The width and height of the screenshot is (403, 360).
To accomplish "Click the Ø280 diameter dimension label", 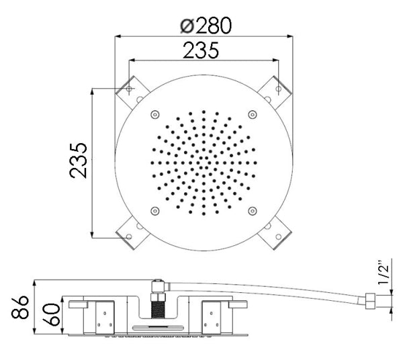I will (x=206, y=25).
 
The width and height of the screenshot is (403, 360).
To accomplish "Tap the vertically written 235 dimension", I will (x=79, y=160).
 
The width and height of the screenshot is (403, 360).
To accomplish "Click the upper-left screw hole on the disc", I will (x=155, y=114).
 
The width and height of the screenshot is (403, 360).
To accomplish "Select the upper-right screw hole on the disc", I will (x=252, y=114).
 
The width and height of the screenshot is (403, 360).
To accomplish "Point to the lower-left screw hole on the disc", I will (x=155, y=210).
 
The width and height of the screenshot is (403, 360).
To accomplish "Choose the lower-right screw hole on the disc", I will (x=252, y=210).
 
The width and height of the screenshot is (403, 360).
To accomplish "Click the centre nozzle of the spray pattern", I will (x=204, y=162).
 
